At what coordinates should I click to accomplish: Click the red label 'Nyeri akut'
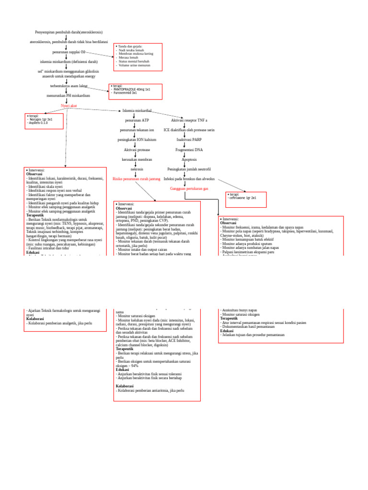69,105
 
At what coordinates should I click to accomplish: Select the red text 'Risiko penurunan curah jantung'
136,179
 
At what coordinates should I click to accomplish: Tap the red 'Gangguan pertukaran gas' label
189,189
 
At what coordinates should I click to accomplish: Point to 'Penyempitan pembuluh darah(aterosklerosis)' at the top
69,32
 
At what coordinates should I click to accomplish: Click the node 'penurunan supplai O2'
69,52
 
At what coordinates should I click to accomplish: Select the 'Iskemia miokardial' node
137,111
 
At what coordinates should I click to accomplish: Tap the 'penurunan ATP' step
137,121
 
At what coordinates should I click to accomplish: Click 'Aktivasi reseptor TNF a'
189,121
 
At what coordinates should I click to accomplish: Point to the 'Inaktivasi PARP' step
189,140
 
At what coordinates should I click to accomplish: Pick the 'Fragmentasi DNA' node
189,150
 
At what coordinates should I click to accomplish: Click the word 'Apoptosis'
189,159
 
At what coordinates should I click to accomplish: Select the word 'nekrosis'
137,169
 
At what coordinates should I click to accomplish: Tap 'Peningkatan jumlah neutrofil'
189,169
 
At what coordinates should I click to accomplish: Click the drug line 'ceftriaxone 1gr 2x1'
243,198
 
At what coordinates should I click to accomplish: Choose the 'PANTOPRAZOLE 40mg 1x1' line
131,89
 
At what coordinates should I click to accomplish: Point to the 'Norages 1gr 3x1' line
40,119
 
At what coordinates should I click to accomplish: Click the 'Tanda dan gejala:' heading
130,46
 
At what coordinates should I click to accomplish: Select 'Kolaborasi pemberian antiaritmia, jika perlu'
150,390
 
